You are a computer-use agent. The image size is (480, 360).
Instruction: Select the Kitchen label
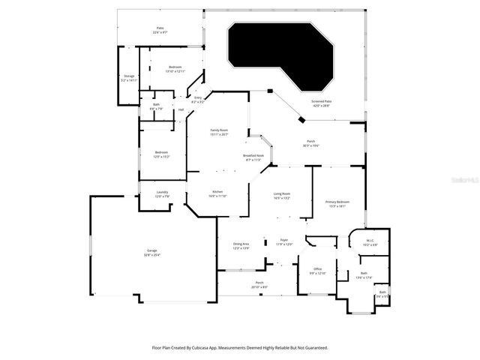(x=217, y=192)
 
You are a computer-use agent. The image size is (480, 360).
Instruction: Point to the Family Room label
(x=218, y=130)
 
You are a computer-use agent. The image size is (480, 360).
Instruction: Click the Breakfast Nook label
(x=253, y=156)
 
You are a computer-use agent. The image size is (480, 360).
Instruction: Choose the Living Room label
(x=281, y=193)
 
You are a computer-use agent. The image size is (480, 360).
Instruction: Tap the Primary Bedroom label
(x=337, y=202)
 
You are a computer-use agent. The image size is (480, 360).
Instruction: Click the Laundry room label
(x=161, y=193)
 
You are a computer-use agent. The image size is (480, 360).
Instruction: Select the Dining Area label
(x=241, y=244)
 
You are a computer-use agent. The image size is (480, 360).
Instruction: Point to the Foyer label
(x=283, y=241)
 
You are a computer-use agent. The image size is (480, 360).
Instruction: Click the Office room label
(x=318, y=269)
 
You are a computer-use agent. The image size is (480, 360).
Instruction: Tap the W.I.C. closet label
(x=370, y=241)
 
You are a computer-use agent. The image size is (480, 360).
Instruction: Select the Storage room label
(x=129, y=76)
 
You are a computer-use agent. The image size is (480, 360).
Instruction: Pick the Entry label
(x=198, y=97)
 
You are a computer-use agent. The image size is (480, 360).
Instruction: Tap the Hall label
(x=181, y=110)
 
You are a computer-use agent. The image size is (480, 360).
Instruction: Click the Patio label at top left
(x=160, y=30)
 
